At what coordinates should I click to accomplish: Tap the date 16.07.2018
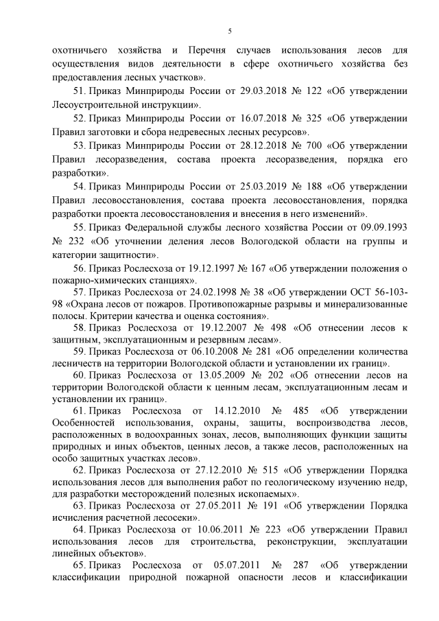click(x=254, y=118)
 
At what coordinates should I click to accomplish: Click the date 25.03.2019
click(x=254, y=186)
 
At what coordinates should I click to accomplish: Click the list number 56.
click(x=79, y=268)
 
